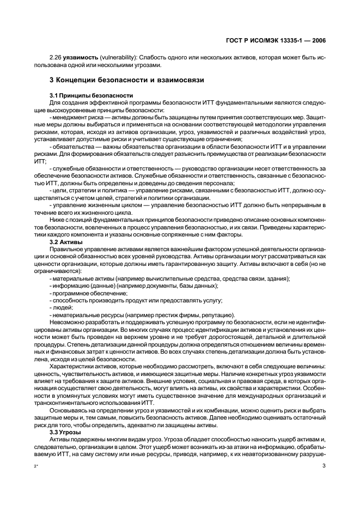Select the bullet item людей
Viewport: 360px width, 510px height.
tap(62, 307)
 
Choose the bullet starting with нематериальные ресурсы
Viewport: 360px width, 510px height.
tap(142, 315)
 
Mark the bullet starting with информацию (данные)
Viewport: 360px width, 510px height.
tap(134, 286)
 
